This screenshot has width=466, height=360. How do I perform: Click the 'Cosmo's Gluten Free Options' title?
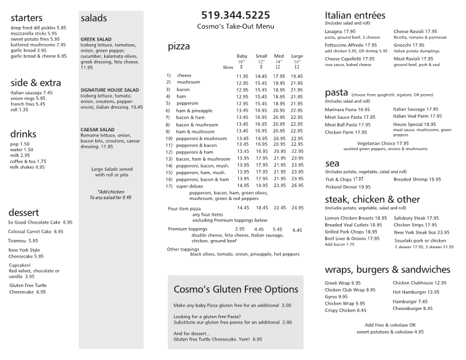pos(236,289)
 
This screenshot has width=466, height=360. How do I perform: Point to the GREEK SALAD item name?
pos(96,39)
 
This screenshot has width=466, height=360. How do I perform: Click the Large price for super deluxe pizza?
pos(297,186)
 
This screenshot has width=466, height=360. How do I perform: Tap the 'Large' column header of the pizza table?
pos(297,56)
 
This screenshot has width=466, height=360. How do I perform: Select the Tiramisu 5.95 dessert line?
pos(24,241)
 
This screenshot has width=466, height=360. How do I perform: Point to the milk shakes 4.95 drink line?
pos(28,167)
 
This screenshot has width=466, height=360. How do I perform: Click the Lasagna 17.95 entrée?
pos(341,31)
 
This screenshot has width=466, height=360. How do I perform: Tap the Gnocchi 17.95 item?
pos(409,45)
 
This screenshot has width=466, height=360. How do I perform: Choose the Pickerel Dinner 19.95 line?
pos(348,187)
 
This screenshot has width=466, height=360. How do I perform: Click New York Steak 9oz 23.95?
pos(421,232)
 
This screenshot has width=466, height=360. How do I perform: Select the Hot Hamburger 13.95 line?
pos(416,292)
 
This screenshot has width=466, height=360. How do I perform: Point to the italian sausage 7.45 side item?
pos(32,92)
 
